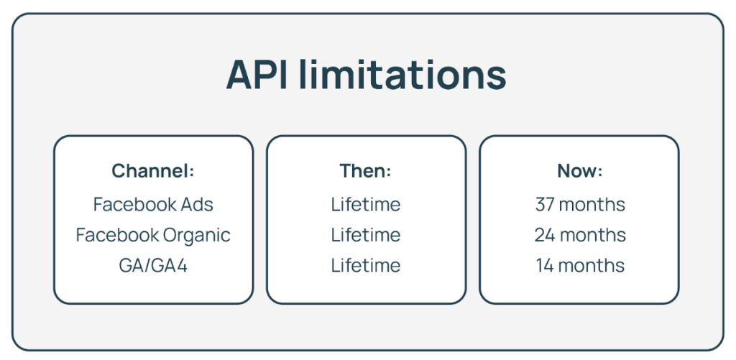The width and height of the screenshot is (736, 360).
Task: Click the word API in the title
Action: pyautogui.click(x=257, y=75)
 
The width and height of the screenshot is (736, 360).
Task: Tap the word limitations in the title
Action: pyautogui.click(x=402, y=75)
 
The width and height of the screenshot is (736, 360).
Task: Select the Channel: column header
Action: pyautogui.click(x=153, y=171)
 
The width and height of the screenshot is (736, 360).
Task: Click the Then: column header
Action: pyautogui.click(x=366, y=171)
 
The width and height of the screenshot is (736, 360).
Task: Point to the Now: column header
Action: pyautogui.click(x=580, y=171)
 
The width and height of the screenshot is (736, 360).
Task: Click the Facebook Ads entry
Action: pyautogui.click(x=153, y=205)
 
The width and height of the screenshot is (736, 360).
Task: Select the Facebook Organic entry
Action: pyautogui.click(x=153, y=235)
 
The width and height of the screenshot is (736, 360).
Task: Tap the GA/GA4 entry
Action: pyautogui.click(x=153, y=266)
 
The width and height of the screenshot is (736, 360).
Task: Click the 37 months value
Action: pyautogui.click(x=580, y=205)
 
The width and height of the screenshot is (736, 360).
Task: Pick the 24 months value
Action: pyautogui.click(x=580, y=235)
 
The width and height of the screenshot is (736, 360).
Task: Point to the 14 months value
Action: pyautogui.click(x=580, y=266)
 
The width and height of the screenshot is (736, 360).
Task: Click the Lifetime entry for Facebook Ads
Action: pyautogui.click(x=366, y=205)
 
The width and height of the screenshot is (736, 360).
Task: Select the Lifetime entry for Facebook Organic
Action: pyautogui.click(x=366, y=235)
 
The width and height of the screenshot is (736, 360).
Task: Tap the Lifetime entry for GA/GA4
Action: pyautogui.click(x=366, y=266)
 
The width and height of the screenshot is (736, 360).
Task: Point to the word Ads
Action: pyautogui.click(x=197, y=205)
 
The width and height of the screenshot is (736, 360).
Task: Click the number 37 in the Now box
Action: pyautogui.click(x=545, y=205)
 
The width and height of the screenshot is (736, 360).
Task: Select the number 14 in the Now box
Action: pyautogui.click(x=546, y=266)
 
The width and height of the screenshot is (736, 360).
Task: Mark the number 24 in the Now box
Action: pyautogui.click(x=545, y=235)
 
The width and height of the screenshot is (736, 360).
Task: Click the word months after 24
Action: pyautogui.click(x=593, y=235)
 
